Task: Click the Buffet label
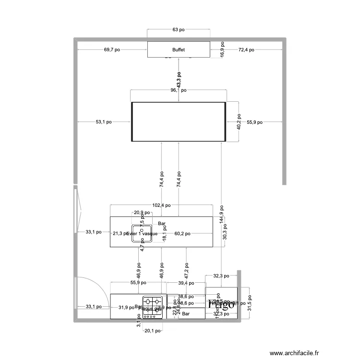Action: tap(179, 49)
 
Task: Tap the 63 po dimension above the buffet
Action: tap(179, 30)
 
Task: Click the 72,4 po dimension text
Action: tap(246, 49)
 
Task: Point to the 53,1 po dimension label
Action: tap(104, 122)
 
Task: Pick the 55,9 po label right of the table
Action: tap(254, 122)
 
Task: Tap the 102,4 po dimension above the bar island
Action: tap(161, 205)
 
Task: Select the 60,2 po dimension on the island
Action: tap(182, 234)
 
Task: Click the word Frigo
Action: tap(221, 303)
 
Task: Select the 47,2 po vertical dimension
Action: tap(187, 271)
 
